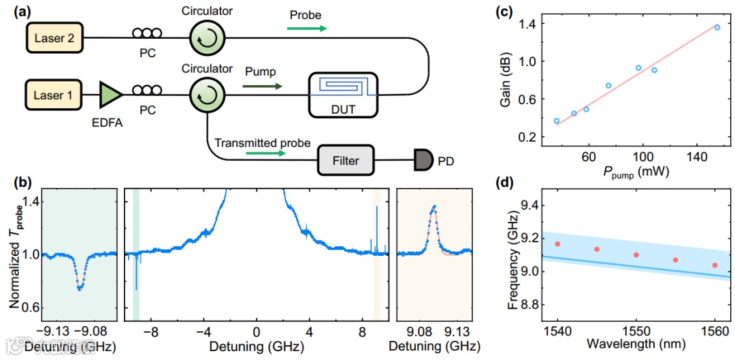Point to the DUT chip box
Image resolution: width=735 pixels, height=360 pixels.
(x=344, y=91)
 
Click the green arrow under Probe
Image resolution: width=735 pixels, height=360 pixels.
(x=306, y=29)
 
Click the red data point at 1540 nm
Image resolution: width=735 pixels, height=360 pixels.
(x=557, y=244)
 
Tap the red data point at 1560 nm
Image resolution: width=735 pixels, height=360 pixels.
(x=715, y=265)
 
